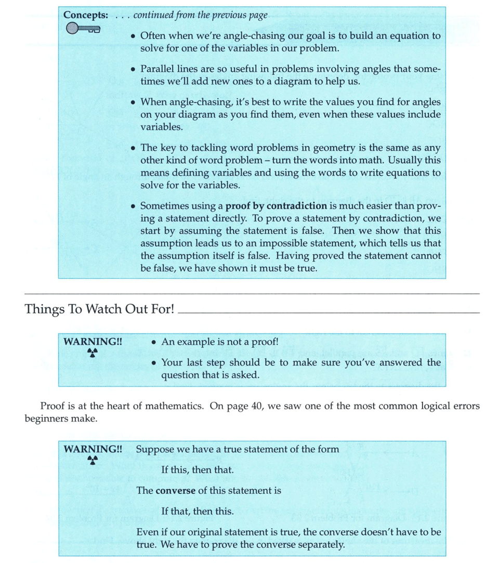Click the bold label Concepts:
point(86,15)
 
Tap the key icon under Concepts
point(83,30)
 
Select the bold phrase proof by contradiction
point(269,206)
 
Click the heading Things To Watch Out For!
point(99,309)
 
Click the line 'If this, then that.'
point(198,470)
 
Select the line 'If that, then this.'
point(198,511)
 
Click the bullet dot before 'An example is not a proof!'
point(154,343)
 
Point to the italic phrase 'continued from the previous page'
point(201,15)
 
